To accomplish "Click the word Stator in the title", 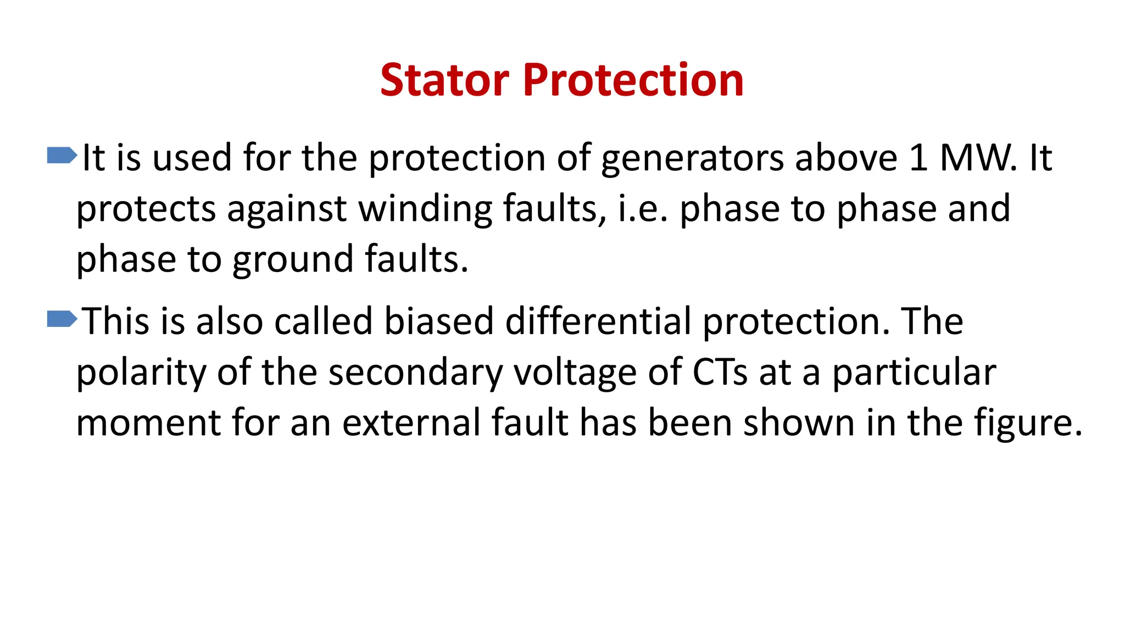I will point(444,80).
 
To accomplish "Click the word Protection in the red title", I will point(633,80).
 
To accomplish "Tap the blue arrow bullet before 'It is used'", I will point(62,156).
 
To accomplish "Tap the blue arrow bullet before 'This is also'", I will point(62,319).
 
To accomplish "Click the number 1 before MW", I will point(918,158).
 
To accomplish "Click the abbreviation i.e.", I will point(643,209).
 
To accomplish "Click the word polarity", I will point(141,374).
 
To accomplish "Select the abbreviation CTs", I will point(720,373).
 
